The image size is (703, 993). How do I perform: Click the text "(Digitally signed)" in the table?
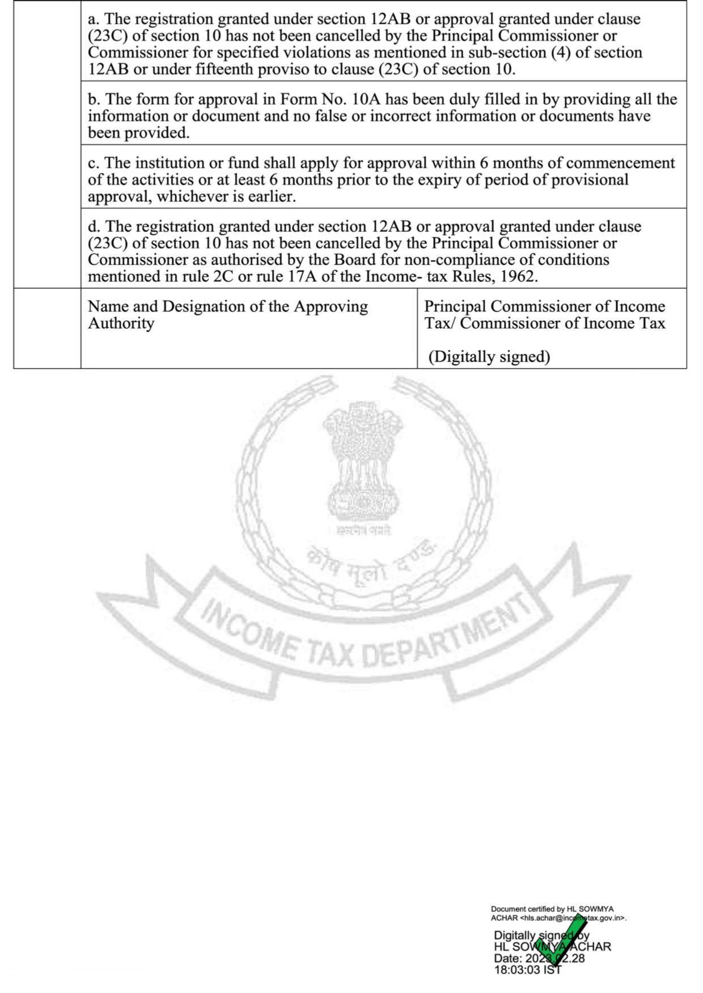pyautogui.click(x=489, y=356)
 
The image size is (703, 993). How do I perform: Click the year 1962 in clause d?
pyautogui.click(x=520, y=276)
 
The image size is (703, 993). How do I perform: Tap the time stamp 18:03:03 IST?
pyautogui.click(x=527, y=970)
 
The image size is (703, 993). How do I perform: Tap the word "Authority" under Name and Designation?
pyautogui.click(x=121, y=323)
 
